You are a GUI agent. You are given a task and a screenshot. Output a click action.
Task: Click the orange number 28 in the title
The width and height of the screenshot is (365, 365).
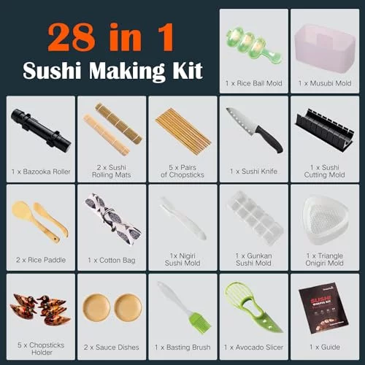[71, 37]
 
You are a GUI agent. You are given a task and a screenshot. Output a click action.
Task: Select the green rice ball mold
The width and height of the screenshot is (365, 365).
[254, 45]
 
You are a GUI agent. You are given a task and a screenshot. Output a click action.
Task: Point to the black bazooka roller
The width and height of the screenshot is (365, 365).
[41, 131]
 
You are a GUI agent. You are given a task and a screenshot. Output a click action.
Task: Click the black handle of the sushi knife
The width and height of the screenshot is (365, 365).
[269, 139]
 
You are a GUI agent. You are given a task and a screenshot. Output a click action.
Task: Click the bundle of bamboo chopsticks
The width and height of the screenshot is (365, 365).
[183, 130]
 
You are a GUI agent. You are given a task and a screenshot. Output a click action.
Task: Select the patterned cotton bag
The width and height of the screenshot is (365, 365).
[112, 218]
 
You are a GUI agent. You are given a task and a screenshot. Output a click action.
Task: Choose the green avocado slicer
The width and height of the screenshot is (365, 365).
[253, 307]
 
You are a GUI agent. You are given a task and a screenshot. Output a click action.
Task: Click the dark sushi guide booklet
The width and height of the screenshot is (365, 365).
[323, 308]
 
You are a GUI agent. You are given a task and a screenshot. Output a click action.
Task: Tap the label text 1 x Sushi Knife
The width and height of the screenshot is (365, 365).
[253, 172]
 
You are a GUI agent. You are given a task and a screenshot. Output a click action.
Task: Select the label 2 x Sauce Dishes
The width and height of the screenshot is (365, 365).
[112, 347]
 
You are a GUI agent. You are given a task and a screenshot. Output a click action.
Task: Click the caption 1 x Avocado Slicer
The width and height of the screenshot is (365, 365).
[253, 347]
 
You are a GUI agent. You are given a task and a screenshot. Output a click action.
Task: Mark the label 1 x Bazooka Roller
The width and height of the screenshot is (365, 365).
[41, 172]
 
